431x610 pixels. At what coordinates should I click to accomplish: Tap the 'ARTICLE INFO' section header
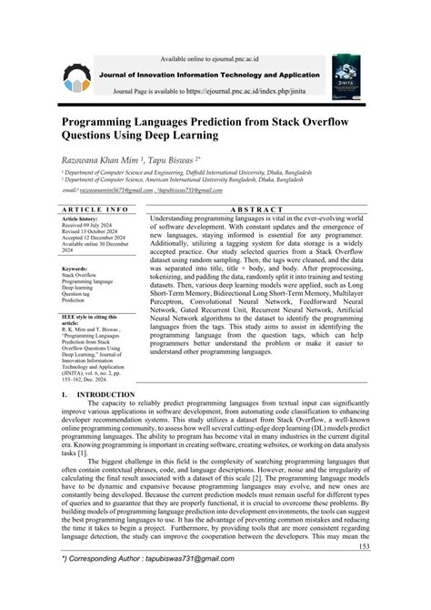(x=97, y=208)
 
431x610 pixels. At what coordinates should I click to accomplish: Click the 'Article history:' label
(x=84, y=220)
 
